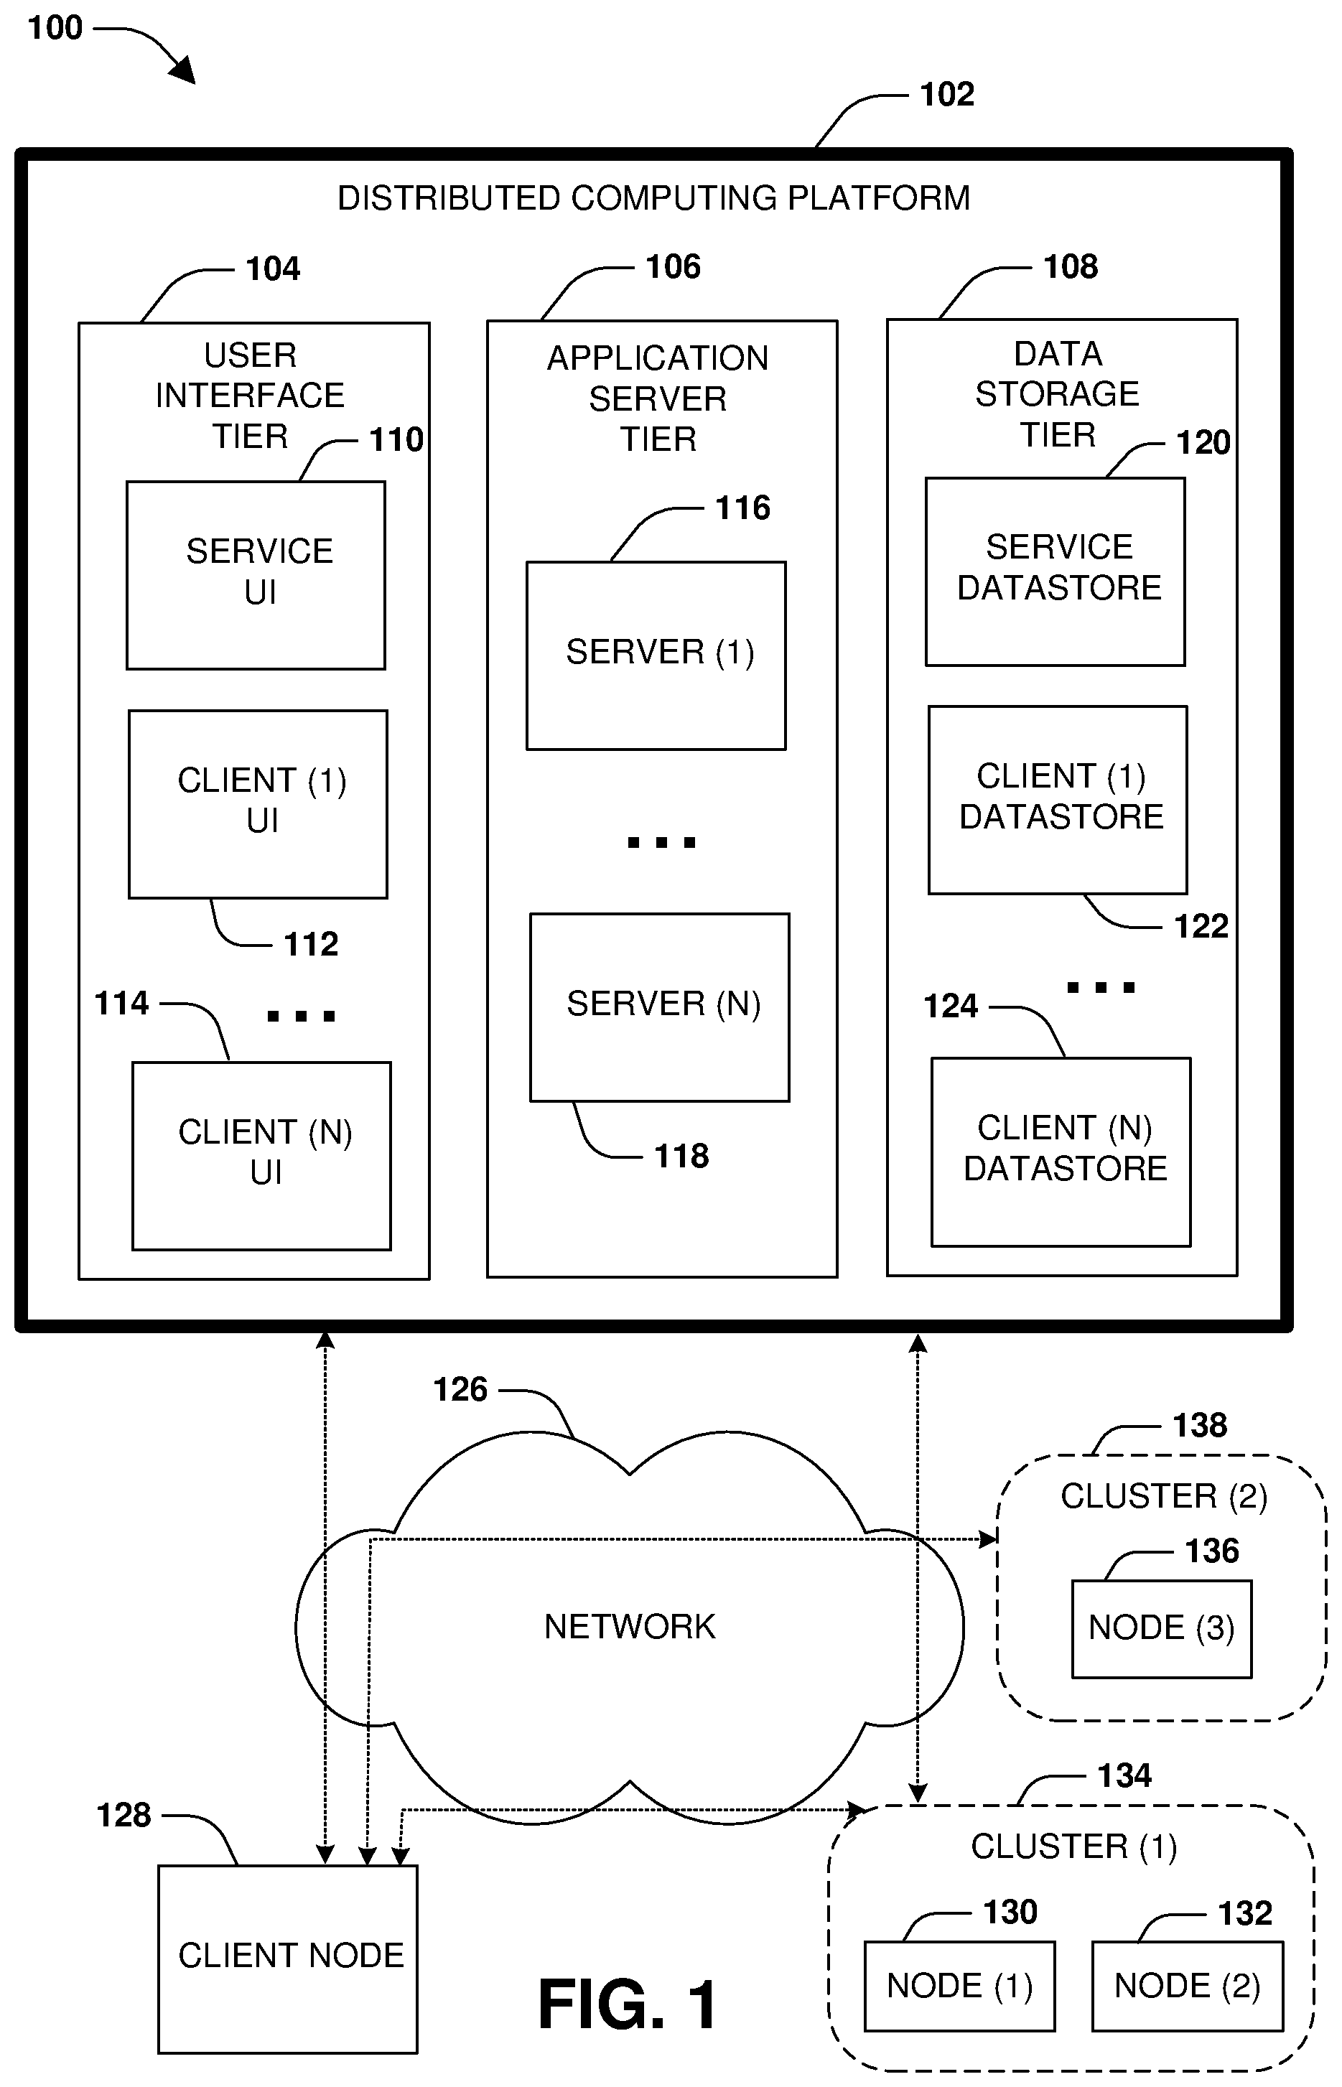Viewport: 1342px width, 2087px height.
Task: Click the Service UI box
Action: coord(256,575)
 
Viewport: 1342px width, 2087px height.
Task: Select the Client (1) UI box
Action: coord(258,803)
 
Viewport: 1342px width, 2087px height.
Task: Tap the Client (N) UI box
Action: coord(261,1155)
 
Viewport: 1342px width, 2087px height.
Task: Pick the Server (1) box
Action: coord(656,655)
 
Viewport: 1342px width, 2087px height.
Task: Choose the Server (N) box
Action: coord(660,1007)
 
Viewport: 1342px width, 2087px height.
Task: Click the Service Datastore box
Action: coord(1056,571)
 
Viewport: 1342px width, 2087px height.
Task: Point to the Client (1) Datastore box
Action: coord(1058,800)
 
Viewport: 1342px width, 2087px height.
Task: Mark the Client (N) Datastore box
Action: coord(1061,1152)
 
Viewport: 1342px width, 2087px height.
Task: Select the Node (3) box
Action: coord(1162,1629)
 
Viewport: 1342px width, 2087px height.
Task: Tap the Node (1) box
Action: coord(959,1986)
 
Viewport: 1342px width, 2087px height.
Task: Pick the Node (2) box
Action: coord(1188,1986)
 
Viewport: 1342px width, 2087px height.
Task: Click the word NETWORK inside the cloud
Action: coord(630,1626)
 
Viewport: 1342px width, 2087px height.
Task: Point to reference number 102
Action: coord(947,94)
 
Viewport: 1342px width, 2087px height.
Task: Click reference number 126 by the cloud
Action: coord(460,1389)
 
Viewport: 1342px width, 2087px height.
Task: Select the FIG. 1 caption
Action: coord(628,2004)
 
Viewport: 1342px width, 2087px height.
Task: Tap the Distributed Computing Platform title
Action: coord(653,199)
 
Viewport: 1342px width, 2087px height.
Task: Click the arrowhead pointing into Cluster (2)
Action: coord(988,1539)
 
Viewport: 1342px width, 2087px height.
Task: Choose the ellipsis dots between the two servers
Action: coord(661,842)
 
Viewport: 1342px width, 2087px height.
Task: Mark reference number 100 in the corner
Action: coord(55,28)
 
